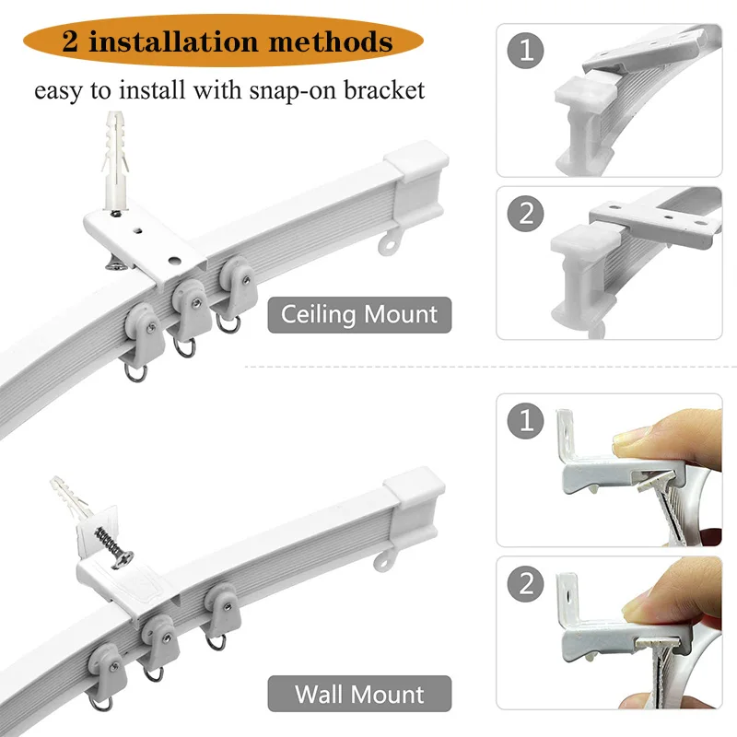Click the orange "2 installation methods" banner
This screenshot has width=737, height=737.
point(226,41)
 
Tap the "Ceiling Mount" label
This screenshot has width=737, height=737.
point(359,315)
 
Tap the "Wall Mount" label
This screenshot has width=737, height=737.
point(359,693)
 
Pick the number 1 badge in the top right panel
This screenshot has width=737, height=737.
point(526,50)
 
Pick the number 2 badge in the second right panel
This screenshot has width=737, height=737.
point(526,214)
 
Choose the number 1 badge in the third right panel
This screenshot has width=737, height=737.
point(526,420)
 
